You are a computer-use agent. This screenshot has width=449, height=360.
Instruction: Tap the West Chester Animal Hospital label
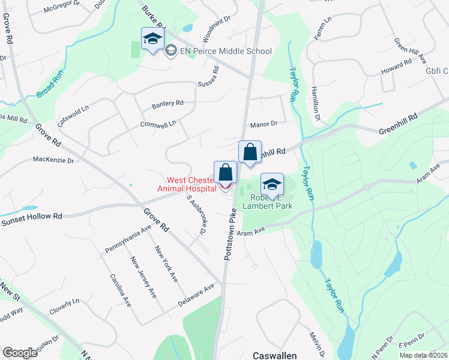186,184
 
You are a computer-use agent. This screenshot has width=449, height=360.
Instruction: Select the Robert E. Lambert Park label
267,200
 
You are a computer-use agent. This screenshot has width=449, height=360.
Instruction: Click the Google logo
20,353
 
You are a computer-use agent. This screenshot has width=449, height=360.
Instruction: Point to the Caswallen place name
274,355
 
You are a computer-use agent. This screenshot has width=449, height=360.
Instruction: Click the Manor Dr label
264,124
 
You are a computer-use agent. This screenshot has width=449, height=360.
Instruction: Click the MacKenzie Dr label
53,160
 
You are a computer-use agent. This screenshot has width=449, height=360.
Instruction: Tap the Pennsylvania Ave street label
127,239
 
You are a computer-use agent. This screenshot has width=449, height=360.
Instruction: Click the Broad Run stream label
53,86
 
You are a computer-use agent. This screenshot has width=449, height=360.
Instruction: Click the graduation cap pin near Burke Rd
152,40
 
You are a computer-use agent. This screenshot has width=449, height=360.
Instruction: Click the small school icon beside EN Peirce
170,52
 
